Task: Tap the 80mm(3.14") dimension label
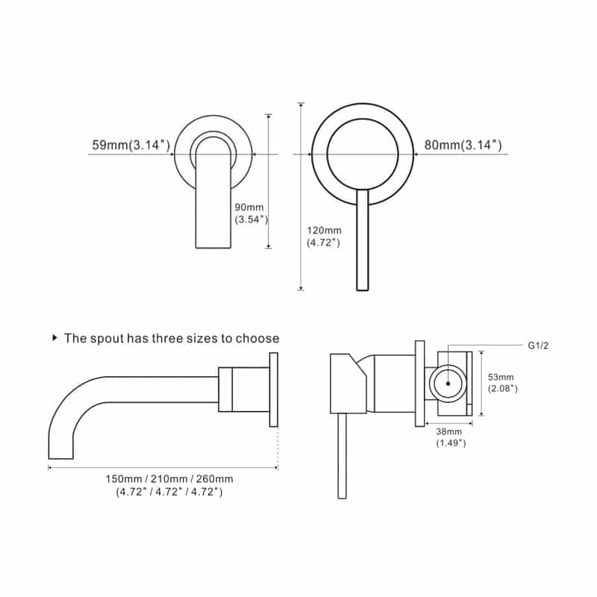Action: pyautogui.click(x=463, y=146)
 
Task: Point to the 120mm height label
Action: pyautogui.click(x=324, y=230)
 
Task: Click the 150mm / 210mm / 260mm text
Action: pyautogui.click(x=169, y=478)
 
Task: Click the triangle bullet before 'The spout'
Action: pyautogui.click(x=54, y=338)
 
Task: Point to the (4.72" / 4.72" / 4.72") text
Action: pyautogui.click(x=169, y=492)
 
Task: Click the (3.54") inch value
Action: pyautogui.click(x=251, y=220)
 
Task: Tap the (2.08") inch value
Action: pyautogui.click(x=503, y=389)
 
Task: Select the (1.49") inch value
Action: pyautogui.click(x=451, y=443)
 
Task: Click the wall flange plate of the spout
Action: pyautogui.click(x=274, y=390)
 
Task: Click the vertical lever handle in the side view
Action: pyautogui.click(x=342, y=455)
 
